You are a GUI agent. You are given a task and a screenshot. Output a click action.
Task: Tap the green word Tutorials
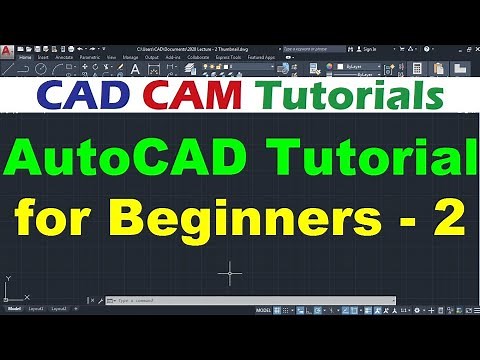pos(351,97)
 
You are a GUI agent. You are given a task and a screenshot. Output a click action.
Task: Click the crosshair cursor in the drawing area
pos(231,271)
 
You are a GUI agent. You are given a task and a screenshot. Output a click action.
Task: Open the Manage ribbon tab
pos(131,58)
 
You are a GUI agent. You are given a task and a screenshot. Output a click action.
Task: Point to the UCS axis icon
pos(9,292)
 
